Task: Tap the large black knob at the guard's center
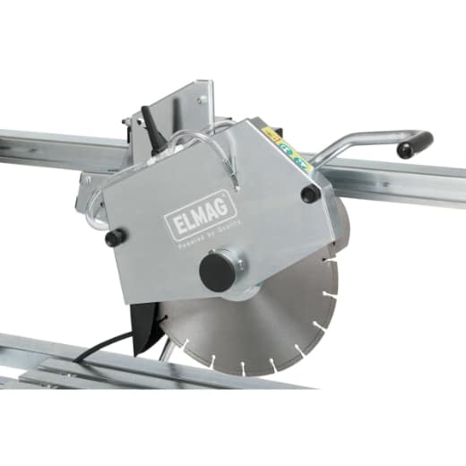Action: pyautogui.click(x=217, y=272)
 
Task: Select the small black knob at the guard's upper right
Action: pyautogui.click(x=310, y=194)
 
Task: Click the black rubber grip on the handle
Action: pyautogui.click(x=415, y=144)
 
